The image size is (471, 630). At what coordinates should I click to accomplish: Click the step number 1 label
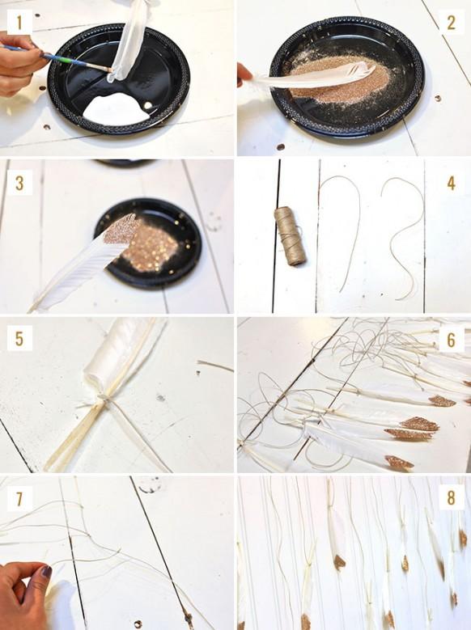click(x=19, y=22)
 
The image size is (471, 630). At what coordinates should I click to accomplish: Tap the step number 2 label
click(x=451, y=22)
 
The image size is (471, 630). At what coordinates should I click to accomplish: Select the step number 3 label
click(x=19, y=181)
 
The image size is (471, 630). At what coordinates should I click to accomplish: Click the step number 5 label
click(x=19, y=337)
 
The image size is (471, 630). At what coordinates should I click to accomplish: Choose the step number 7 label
click(x=19, y=497)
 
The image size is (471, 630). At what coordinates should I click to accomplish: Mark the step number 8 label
click(x=451, y=497)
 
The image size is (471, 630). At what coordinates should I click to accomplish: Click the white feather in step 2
click(x=308, y=78)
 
